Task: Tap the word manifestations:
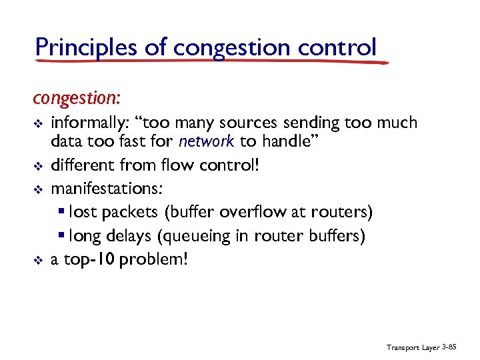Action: click(106, 189)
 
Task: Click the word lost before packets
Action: click(82, 212)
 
